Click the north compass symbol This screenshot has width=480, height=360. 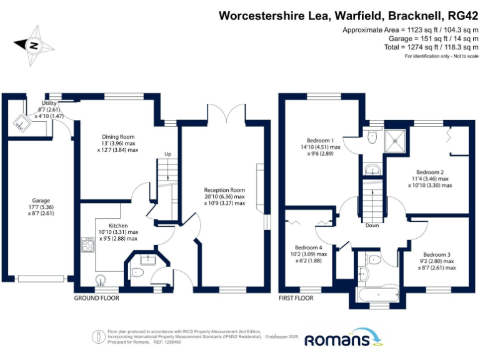[x=32, y=45]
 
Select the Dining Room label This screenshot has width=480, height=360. [x=118, y=137]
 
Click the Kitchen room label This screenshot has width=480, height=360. [x=118, y=226]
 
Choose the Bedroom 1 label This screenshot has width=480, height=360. [x=321, y=140]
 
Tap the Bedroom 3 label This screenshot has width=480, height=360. [x=436, y=254]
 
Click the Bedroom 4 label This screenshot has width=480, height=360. [x=309, y=247]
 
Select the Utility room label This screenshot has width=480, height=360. [x=49, y=103]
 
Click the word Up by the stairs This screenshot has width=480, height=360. [x=167, y=154]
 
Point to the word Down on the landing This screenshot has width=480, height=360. [x=372, y=226]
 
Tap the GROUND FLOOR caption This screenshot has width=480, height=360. [x=96, y=298]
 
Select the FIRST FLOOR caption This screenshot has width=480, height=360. [x=296, y=298]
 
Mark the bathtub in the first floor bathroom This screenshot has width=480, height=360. [x=377, y=294]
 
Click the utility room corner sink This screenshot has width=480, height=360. [x=21, y=123]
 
